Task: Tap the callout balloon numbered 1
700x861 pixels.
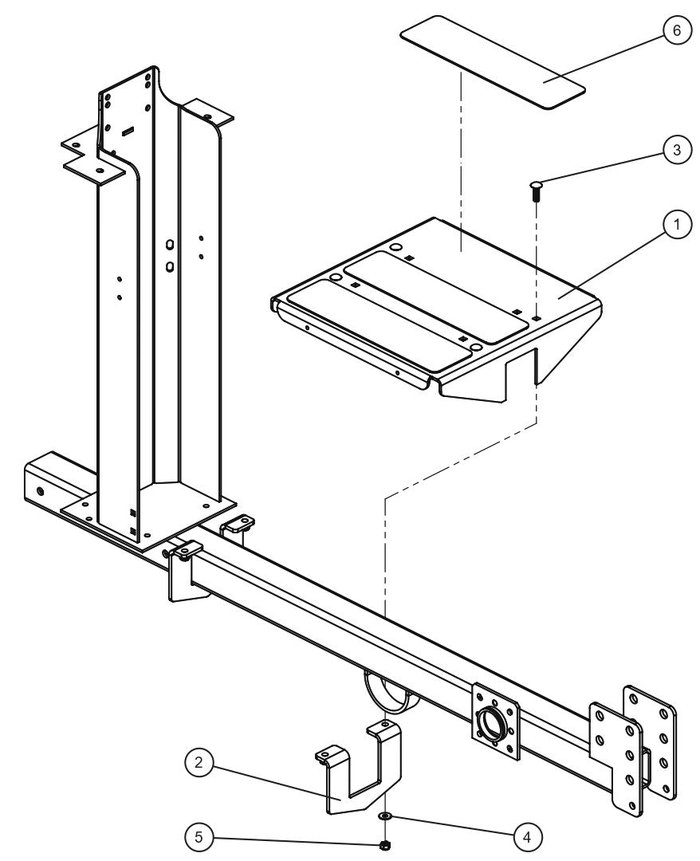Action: click(677, 226)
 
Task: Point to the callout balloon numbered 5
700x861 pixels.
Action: click(200, 837)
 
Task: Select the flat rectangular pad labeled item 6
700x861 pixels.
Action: click(492, 61)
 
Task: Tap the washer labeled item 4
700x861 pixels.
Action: click(385, 816)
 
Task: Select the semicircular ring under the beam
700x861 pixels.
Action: click(387, 690)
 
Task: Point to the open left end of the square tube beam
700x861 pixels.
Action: click(40, 478)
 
